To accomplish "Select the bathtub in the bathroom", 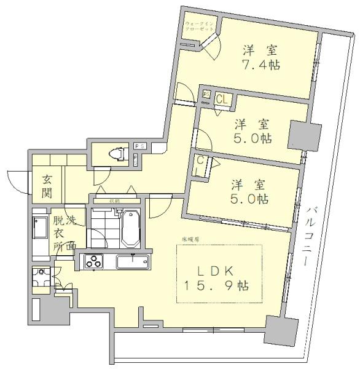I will [131, 228].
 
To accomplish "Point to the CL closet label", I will [222, 98].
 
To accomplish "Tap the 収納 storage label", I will [115, 201].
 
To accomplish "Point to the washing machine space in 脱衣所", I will [41, 228].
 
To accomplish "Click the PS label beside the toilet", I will [139, 146].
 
